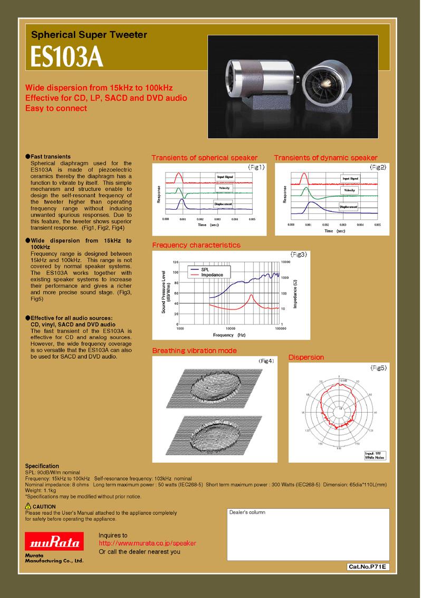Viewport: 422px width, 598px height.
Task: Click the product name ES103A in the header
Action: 66,59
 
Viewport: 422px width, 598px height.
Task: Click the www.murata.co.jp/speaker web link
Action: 147,543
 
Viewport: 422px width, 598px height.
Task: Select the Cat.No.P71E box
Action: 368,567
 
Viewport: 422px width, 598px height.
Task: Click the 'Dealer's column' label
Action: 247,512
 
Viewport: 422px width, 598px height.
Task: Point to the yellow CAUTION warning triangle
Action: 28,507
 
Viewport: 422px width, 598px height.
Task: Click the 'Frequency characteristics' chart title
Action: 196,245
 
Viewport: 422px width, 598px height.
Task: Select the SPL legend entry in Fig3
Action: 205,269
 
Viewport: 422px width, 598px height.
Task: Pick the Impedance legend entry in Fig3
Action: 212,275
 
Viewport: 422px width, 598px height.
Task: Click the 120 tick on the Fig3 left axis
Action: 176,263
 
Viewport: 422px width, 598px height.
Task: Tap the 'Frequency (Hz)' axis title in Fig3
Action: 229,335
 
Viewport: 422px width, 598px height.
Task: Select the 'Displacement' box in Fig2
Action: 349,207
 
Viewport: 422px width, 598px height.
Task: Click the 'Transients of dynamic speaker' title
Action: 325,158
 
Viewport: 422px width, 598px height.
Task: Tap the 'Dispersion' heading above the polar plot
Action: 306,358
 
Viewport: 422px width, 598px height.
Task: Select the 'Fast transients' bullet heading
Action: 50,157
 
